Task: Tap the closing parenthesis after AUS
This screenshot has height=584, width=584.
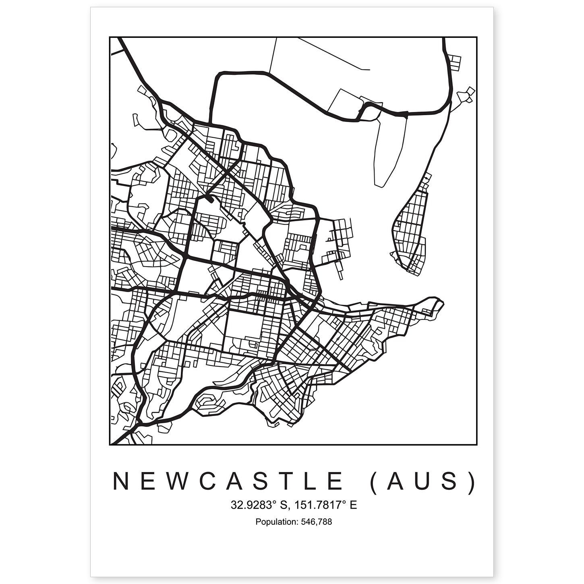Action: point(472,482)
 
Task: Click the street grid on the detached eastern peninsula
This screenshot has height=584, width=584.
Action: point(409,234)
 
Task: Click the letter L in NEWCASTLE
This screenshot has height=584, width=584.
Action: point(310,481)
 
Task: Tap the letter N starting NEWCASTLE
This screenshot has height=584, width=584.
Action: point(121,481)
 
